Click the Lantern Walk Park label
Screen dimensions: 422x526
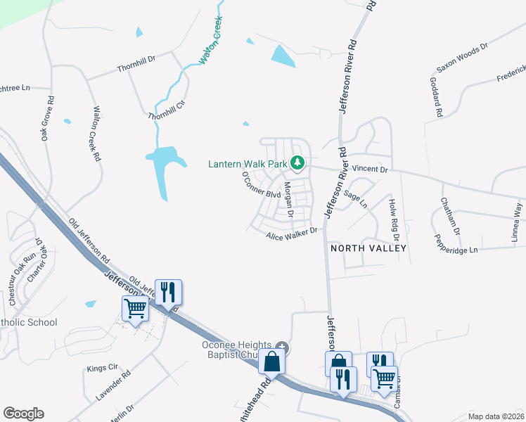[248, 165]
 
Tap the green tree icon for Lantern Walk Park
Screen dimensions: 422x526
[297, 164]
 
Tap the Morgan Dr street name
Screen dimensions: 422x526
[288, 199]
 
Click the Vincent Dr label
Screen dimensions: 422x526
[370, 169]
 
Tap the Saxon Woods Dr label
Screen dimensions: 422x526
[461, 58]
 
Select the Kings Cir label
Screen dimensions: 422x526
[101, 368]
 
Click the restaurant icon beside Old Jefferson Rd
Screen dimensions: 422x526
[167, 292]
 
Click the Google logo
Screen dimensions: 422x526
[23, 414]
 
